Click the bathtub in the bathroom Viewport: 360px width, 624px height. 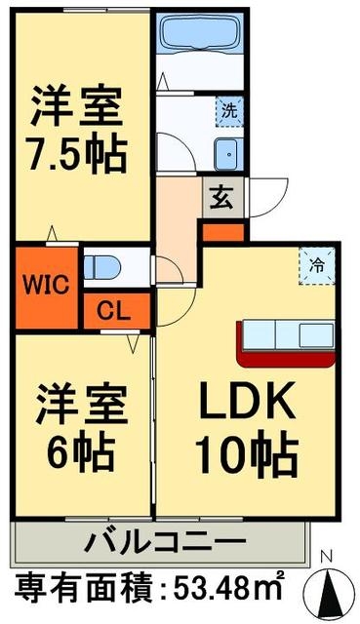(200, 33)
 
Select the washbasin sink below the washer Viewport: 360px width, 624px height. (228, 154)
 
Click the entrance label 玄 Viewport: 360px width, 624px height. (222, 198)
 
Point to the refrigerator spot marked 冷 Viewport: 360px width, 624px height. (317, 266)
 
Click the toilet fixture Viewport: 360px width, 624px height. (101, 267)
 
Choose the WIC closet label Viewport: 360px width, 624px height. (46, 286)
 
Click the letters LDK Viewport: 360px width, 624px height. (247, 400)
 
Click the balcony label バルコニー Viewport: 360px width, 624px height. (165, 541)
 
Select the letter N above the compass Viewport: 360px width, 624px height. (328, 557)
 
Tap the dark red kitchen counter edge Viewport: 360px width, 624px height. (285, 358)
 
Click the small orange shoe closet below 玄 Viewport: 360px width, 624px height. (223, 232)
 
